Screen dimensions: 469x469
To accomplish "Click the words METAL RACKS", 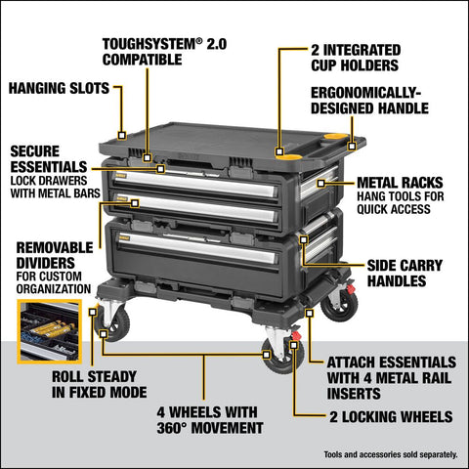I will pos(402,182).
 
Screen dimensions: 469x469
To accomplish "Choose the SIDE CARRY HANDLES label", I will pos(409,272).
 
